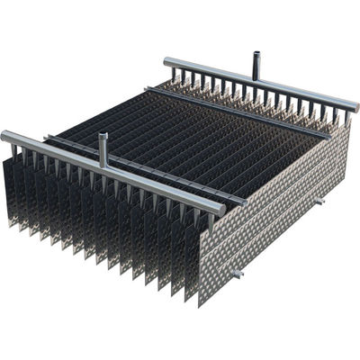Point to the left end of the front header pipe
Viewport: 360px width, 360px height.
(x=6, y=136)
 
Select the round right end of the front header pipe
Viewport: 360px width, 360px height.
(x=220, y=210)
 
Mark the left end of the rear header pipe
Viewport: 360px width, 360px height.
(x=167, y=61)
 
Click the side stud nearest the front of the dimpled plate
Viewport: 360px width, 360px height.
(x=237, y=273)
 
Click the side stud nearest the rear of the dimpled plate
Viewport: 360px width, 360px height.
(x=319, y=201)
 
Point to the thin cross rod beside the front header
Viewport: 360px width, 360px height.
(x=135, y=162)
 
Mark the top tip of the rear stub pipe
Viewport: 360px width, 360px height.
(x=256, y=55)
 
